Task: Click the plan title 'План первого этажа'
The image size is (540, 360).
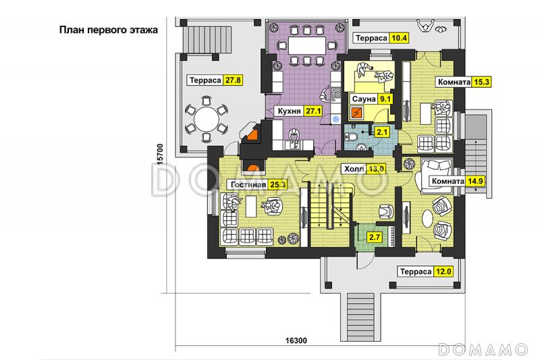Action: coord(109,30)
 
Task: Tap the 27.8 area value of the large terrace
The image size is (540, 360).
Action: coord(233,80)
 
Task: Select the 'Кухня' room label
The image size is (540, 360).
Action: coord(290,111)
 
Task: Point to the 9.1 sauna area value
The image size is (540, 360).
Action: coord(385,99)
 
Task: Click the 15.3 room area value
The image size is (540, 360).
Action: coord(481,82)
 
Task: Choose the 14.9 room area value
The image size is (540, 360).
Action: coord(475,181)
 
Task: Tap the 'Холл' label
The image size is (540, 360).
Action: coord(354,169)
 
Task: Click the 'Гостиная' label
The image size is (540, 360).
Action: coord(248,184)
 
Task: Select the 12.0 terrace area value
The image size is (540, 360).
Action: coord(443,272)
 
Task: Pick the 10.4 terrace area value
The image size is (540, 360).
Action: coord(399,38)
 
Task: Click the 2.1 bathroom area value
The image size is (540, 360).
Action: coord(382,132)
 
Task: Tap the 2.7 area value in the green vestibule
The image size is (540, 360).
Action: coord(375,237)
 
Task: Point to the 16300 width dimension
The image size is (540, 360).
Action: coord(296,340)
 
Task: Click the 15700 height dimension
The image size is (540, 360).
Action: coord(160,155)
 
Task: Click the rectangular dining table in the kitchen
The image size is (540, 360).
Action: coord(307,45)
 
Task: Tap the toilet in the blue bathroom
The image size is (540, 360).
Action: coord(351,137)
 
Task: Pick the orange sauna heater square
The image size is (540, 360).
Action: coord(356,112)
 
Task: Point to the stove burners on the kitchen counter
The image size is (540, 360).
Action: coord(336,93)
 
